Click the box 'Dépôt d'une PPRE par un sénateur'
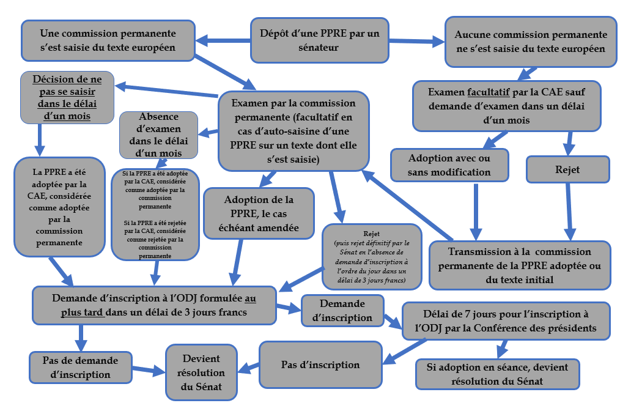point(320,40)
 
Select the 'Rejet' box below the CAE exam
point(568,169)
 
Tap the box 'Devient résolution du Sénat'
point(201,372)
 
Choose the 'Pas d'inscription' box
point(320,365)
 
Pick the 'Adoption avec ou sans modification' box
point(449,165)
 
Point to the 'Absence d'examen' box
point(160,134)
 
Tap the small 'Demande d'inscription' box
point(342,311)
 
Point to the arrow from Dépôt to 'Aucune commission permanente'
point(416,42)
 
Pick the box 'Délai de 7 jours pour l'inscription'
point(505,320)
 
